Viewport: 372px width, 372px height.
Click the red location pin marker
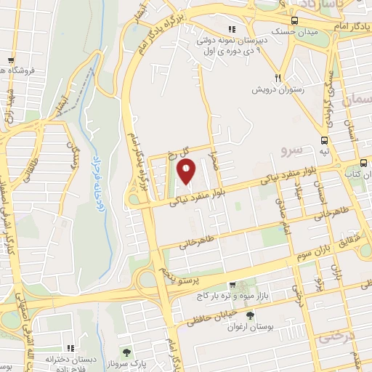tap(186, 171)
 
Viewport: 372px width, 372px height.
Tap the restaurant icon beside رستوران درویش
tap(278, 78)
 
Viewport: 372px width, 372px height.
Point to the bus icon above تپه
tap(323, 141)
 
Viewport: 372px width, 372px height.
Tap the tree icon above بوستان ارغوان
tap(250, 315)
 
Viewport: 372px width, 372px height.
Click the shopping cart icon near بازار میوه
tap(231, 286)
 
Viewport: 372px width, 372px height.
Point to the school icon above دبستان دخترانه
tap(70, 348)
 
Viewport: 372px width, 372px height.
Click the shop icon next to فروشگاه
tap(10, 60)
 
